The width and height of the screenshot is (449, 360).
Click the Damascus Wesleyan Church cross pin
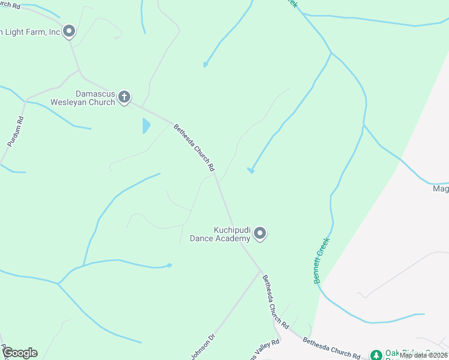124,97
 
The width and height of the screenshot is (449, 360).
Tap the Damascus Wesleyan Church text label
95,98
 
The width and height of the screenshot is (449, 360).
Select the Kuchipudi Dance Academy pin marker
260,233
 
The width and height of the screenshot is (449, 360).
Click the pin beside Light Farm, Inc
69,31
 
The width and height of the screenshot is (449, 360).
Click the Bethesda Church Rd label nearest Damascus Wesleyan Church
194,148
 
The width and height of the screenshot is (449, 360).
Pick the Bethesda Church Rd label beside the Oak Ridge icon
331,347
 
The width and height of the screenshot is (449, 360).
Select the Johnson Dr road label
203,347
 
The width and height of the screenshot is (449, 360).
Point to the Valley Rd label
267,349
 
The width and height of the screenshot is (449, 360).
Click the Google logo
19,353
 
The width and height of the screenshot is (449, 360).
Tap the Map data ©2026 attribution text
424,355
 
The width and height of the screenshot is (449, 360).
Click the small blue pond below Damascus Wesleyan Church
146,126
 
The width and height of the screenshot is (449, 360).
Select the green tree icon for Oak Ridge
376,355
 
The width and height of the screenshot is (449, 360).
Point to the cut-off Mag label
441,189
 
